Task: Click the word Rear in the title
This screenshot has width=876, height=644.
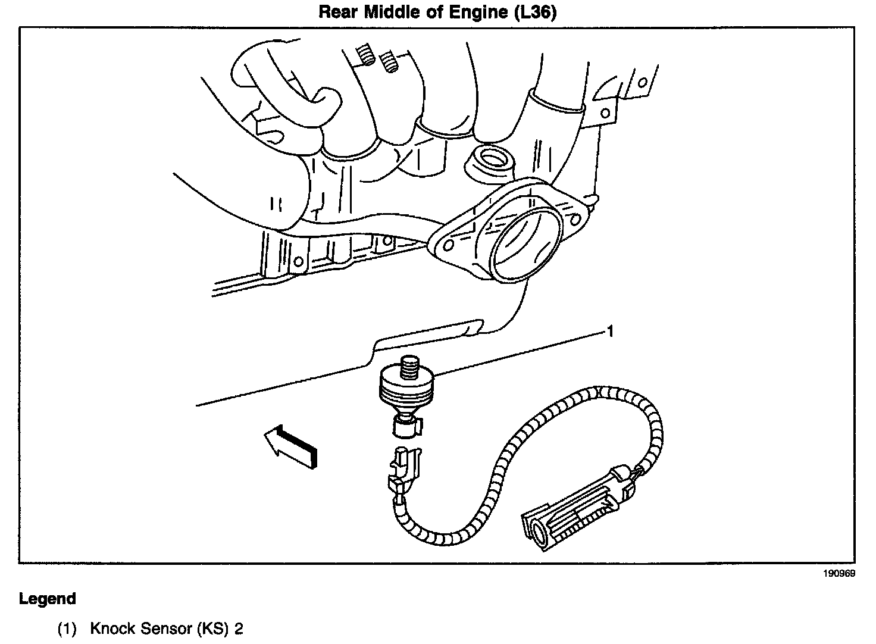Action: [337, 12]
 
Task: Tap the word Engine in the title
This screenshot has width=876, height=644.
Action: [478, 12]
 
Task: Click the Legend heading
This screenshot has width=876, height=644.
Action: [48, 599]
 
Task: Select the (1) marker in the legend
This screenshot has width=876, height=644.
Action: [67, 629]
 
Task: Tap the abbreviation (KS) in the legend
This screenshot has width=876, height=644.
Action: [209, 629]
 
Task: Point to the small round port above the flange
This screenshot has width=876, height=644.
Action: [492, 160]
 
